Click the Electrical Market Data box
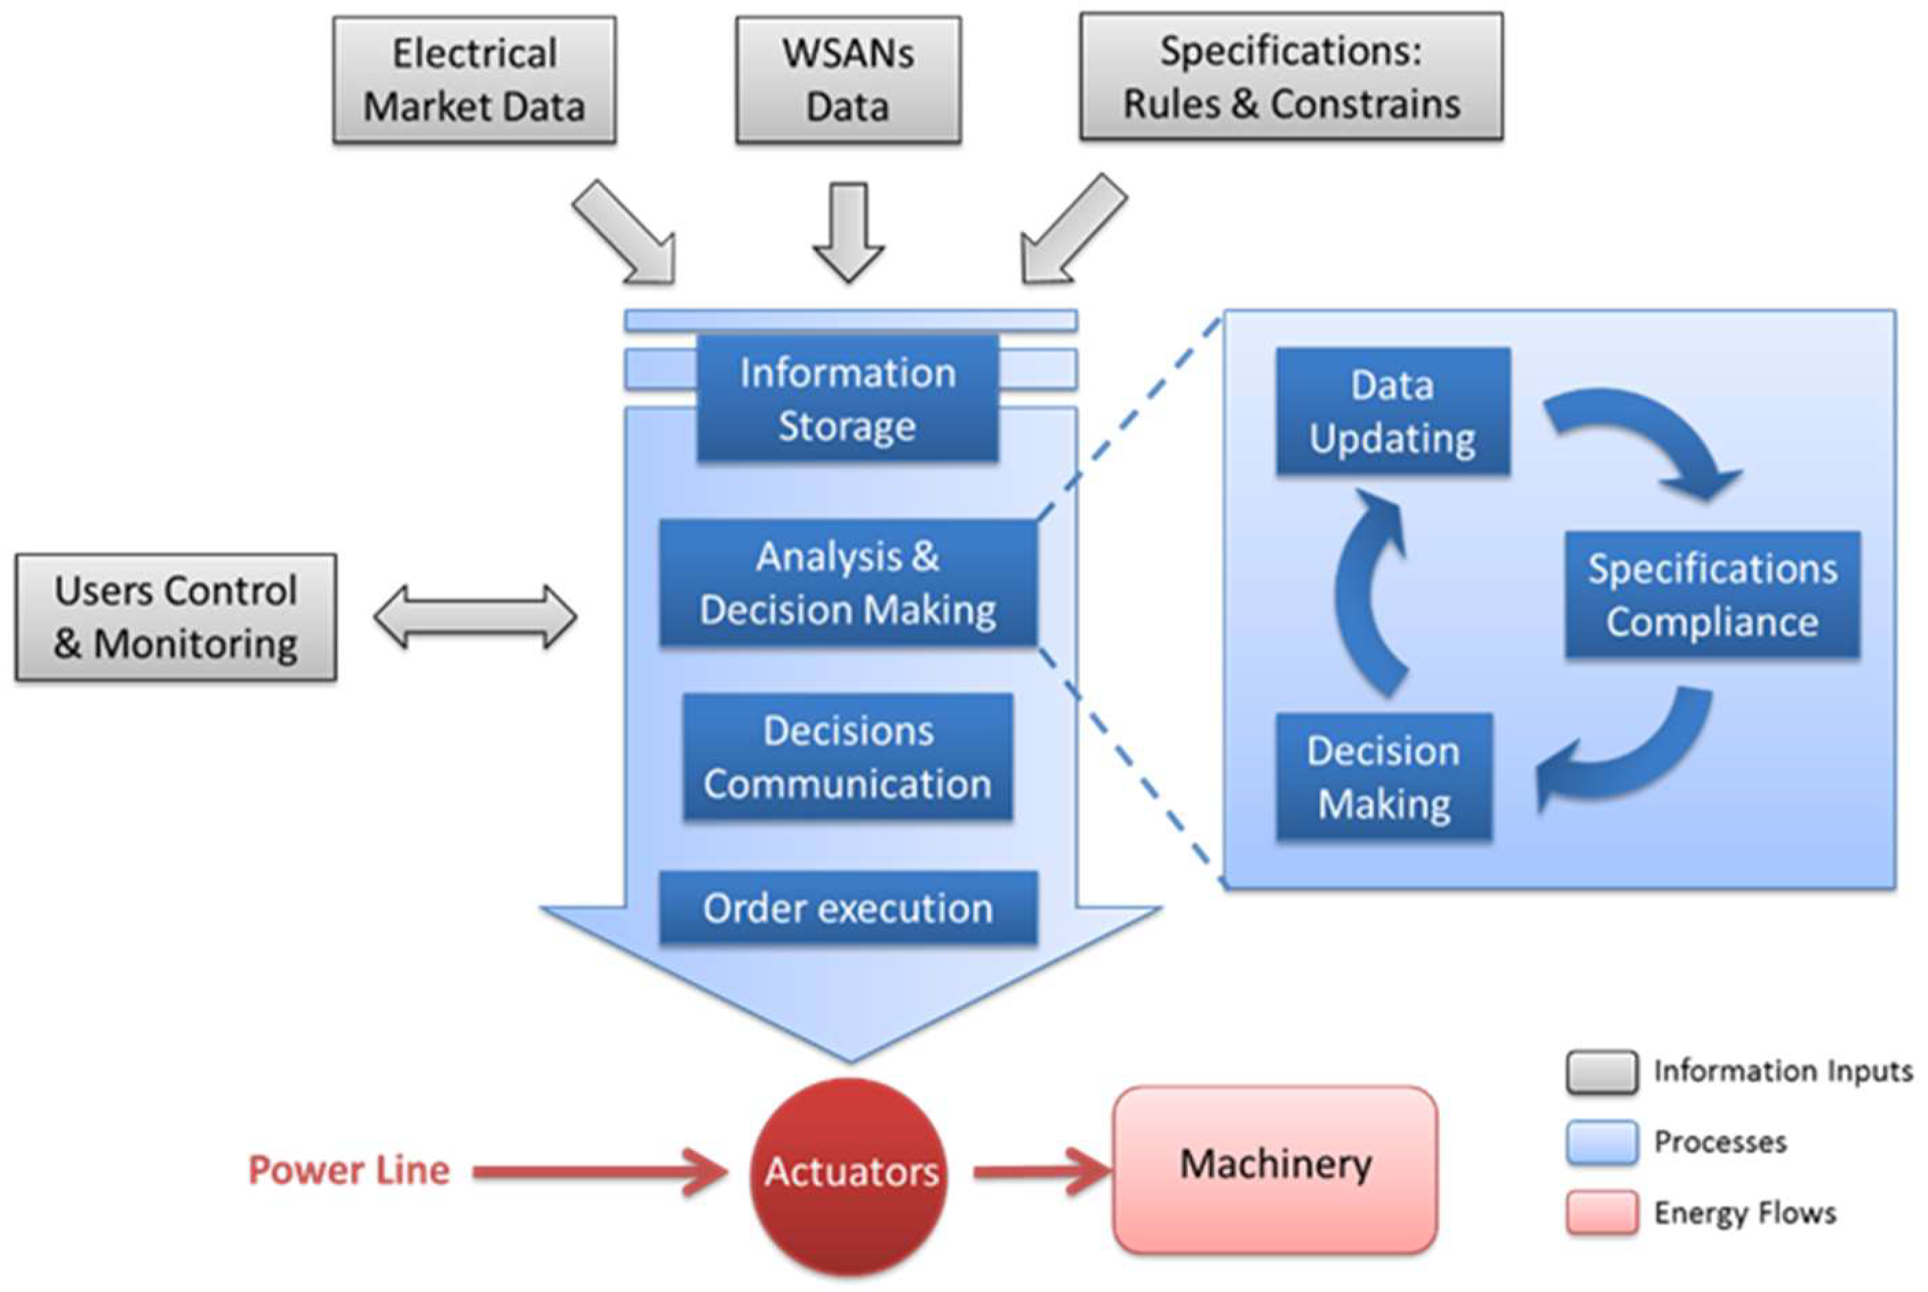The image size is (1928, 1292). (474, 80)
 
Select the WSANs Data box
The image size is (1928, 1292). (847, 80)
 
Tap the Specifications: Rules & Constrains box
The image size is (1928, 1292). (1291, 77)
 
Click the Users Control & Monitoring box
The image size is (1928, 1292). (176, 617)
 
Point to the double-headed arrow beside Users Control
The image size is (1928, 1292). (475, 617)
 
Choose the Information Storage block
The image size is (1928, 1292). (847, 399)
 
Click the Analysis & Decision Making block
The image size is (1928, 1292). (847, 582)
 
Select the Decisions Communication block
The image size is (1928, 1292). (847, 757)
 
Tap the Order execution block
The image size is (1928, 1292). (847, 908)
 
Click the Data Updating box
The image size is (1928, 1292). (1392, 411)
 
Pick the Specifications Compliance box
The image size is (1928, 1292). (1712, 595)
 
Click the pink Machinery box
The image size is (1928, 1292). (1274, 1168)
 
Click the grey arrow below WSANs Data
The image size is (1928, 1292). (848, 231)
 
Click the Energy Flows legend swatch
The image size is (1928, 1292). (1601, 1212)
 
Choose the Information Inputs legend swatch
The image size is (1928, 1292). (1601, 1072)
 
